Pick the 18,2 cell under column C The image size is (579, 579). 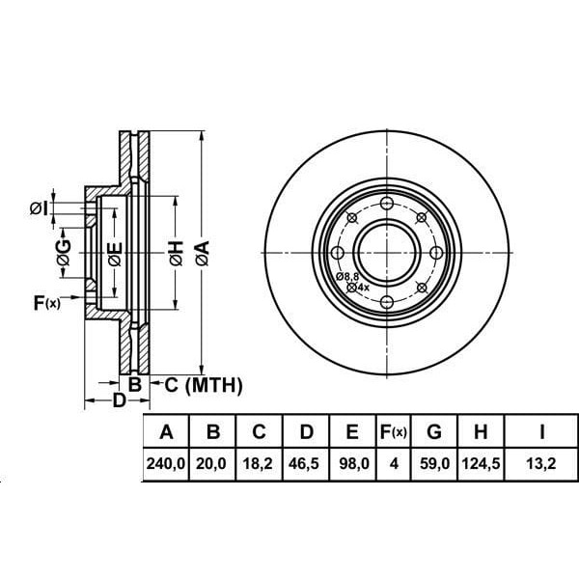(x=259, y=464)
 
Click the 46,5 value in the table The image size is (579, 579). (x=305, y=464)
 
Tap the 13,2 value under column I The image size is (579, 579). (x=543, y=464)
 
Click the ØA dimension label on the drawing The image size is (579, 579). (x=202, y=254)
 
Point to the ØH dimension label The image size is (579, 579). (x=175, y=254)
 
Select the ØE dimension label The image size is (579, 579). (x=115, y=254)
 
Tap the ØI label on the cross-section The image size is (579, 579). (x=40, y=207)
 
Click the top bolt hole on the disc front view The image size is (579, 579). (x=387, y=204)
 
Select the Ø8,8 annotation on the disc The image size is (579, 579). (x=347, y=277)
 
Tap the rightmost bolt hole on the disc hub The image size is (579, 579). (x=437, y=253)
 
